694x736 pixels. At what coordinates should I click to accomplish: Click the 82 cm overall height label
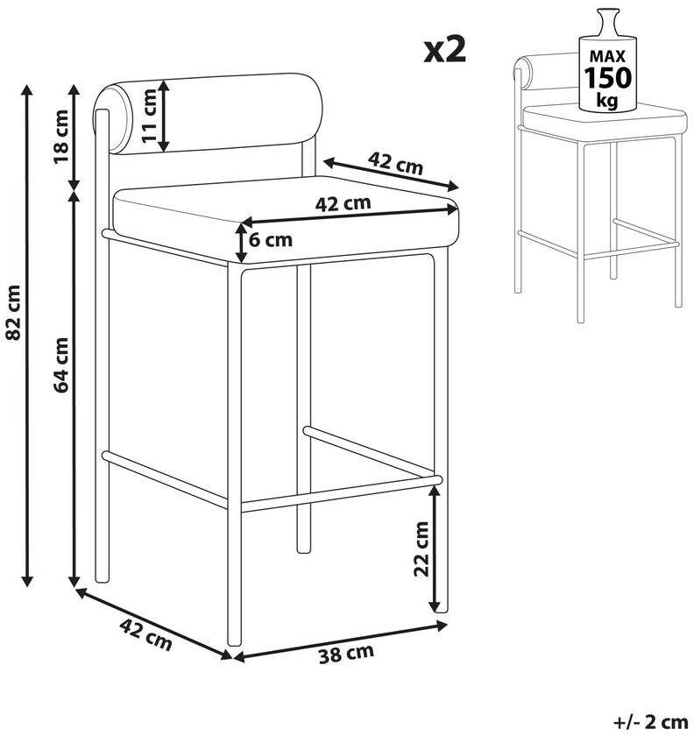(13, 312)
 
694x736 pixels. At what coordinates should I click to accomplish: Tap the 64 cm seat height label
(60, 364)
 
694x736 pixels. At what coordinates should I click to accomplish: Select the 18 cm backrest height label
(60, 136)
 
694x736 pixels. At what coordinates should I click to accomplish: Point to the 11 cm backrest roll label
(149, 116)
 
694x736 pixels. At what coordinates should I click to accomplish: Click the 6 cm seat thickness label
(271, 240)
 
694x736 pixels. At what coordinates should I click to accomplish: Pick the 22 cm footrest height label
(421, 548)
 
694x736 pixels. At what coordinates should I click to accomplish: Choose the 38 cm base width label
(346, 654)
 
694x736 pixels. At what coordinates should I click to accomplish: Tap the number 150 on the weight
(607, 78)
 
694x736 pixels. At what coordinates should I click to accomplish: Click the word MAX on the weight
(607, 57)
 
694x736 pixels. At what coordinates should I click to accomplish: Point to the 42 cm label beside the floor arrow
(146, 634)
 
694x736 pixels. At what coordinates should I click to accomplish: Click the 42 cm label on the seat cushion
(343, 203)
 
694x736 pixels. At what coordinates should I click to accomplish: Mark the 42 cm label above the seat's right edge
(395, 162)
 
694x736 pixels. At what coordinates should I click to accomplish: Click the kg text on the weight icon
(606, 100)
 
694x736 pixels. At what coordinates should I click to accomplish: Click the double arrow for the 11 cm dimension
(163, 116)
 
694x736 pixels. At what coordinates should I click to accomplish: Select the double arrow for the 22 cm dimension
(436, 548)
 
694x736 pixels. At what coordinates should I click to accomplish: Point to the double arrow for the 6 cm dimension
(241, 243)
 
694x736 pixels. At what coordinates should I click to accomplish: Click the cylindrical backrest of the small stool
(546, 72)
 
